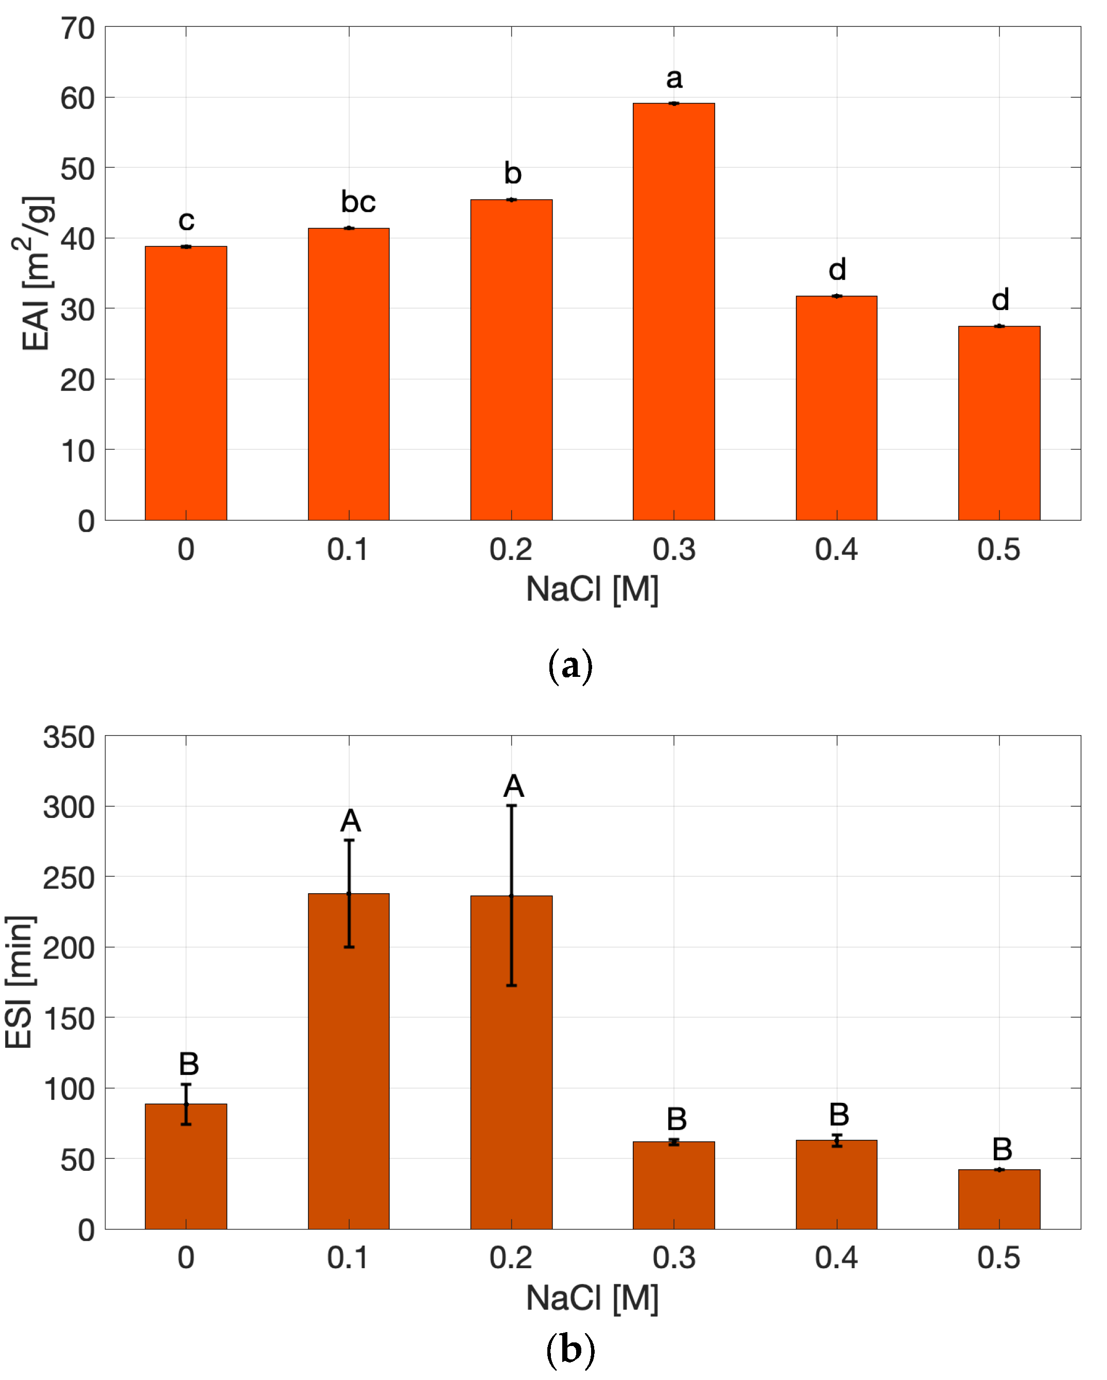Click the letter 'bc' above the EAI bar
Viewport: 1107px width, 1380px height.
[358, 202]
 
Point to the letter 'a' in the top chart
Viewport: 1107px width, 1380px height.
[674, 79]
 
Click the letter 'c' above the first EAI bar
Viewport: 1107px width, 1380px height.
[186, 221]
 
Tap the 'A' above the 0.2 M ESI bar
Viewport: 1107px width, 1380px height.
[513, 787]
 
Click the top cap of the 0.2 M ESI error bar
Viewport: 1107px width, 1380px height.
[511, 806]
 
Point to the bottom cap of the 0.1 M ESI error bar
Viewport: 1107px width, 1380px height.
[349, 947]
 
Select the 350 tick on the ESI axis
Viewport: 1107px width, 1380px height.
[68, 737]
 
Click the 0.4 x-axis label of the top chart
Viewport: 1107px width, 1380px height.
[836, 550]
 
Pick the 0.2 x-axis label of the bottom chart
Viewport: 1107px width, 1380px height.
[511, 1258]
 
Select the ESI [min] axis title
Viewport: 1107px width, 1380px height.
[19, 982]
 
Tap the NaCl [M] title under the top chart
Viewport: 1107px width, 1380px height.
[592, 589]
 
